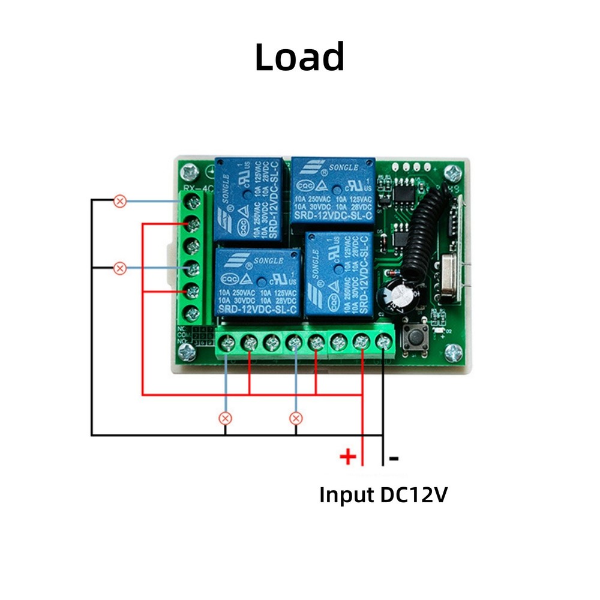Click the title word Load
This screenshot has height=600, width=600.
pos(299,57)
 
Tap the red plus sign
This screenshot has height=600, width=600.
pos(348,458)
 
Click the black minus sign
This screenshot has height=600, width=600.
pos(394,458)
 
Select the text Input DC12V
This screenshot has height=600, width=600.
pos(383,495)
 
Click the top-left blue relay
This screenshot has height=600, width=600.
pos(248,199)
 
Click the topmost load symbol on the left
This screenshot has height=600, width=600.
pos(120,200)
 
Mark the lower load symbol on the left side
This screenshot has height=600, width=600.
pos(120,268)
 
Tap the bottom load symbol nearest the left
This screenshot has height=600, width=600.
pos(226,418)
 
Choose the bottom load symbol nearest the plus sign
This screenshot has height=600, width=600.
pos(295,418)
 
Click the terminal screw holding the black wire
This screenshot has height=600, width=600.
pos(383,343)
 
